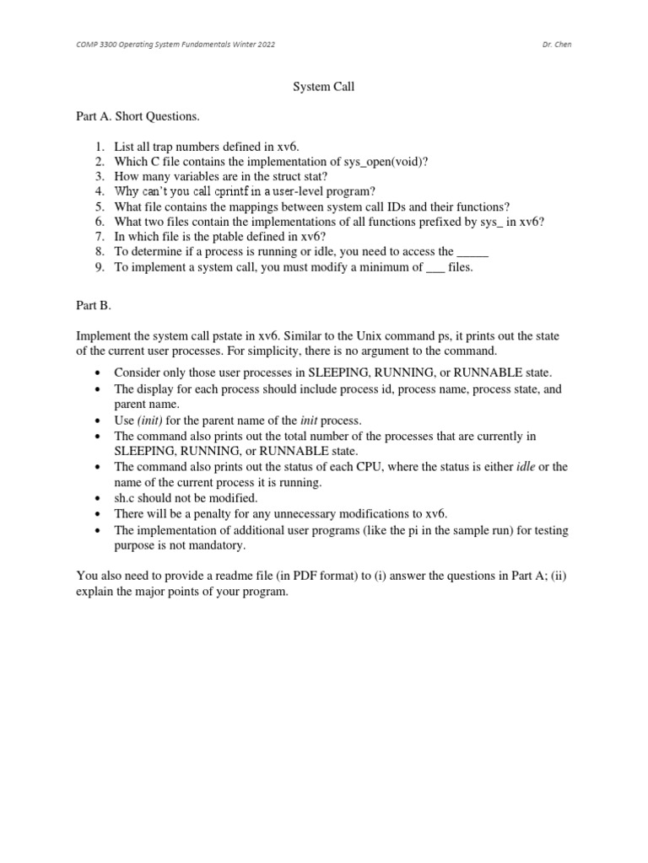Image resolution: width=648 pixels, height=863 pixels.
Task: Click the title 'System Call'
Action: pyautogui.click(x=323, y=86)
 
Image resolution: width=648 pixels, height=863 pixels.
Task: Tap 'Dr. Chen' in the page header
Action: pyautogui.click(x=557, y=44)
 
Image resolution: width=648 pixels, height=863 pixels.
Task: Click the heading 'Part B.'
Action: pyautogui.click(x=94, y=307)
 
